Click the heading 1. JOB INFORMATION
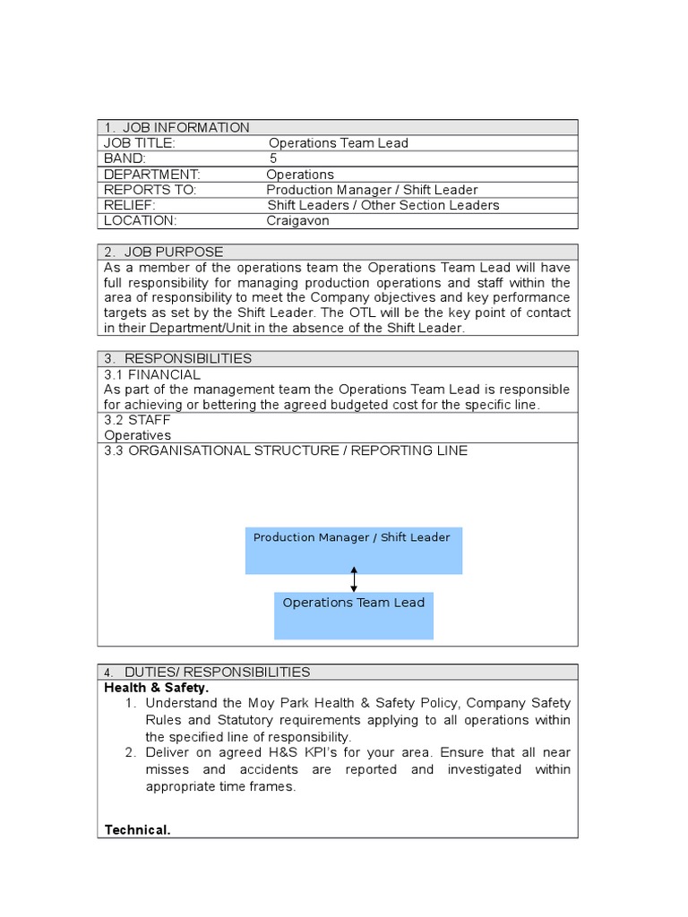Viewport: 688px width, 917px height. pyautogui.click(x=176, y=127)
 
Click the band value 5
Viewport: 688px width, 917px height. pyautogui.click(x=273, y=159)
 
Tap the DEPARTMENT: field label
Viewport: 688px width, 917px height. pyautogui.click(x=152, y=175)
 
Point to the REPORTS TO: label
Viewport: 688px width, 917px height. pyautogui.click(x=150, y=190)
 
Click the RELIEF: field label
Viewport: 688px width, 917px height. pyautogui.click(x=130, y=205)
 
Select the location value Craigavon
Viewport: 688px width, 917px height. pyautogui.click(x=297, y=221)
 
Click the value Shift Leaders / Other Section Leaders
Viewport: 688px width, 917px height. pyautogui.click(x=383, y=205)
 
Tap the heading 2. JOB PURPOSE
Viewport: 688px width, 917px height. pyautogui.click(x=164, y=252)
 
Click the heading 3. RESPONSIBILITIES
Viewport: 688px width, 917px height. pyautogui.click(x=178, y=358)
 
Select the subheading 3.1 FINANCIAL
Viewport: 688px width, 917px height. pyautogui.click(x=152, y=374)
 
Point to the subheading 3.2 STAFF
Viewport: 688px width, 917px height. pyautogui.click(x=137, y=419)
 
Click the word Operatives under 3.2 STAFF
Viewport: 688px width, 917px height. pyautogui.click(x=137, y=435)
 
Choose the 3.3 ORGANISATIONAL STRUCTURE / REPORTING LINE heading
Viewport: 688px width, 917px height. pyautogui.click(x=286, y=450)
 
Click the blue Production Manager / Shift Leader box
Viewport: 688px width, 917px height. pyautogui.click(x=354, y=550)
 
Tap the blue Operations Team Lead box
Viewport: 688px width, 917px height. pyautogui.click(x=354, y=615)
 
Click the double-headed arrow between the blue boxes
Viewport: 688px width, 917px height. pyautogui.click(x=354, y=579)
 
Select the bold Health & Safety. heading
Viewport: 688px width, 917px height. pyautogui.click(x=157, y=688)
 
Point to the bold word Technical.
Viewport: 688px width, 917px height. pyautogui.click(x=137, y=830)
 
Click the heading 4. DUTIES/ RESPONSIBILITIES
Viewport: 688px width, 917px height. pyautogui.click(x=207, y=672)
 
